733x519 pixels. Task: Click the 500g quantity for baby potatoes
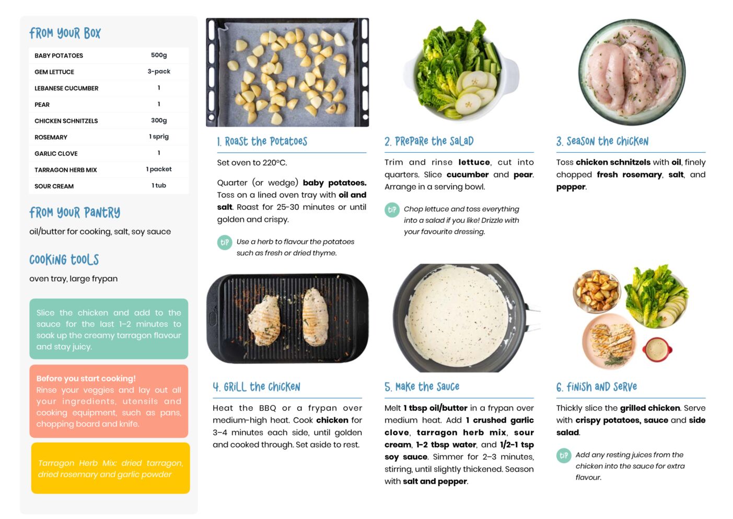tap(159, 55)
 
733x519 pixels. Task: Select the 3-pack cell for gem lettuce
tap(159, 72)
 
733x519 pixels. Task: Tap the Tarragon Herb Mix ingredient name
tap(65, 170)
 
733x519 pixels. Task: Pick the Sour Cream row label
tap(54, 186)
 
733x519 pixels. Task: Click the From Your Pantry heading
tap(75, 212)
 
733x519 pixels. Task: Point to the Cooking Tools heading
tap(64, 259)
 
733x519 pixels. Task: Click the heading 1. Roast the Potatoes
tap(262, 141)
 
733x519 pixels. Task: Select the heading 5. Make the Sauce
tap(422, 387)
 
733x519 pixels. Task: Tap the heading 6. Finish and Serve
tap(597, 387)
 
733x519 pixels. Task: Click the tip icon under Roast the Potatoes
tap(225, 242)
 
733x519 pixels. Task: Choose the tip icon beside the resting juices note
tap(564, 456)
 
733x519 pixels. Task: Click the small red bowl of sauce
tap(657, 349)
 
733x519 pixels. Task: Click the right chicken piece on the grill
tap(315, 317)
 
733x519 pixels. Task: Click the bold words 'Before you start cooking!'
tap(86, 378)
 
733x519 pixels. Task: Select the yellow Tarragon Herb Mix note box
tap(111, 468)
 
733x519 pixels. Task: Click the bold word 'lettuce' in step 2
tap(474, 162)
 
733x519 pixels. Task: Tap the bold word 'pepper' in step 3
tap(571, 187)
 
